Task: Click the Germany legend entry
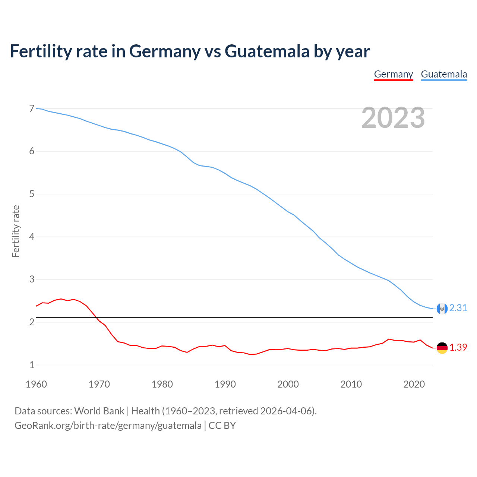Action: tap(394, 74)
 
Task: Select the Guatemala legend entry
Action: tap(444, 74)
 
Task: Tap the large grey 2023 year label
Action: tap(393, 118)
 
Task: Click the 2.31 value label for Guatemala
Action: tap(458, 308)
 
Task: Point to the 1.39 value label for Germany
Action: tap(458, 347)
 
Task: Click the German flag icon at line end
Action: tap(442, 348)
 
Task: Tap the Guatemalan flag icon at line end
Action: tap(442, 309)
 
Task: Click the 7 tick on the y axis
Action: tap(32, 108)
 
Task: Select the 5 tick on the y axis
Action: tap(32, 194)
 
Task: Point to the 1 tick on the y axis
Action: tap(32, 365)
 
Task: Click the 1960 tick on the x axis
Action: tap(36, 384)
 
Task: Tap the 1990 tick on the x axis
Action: tap(225, 384)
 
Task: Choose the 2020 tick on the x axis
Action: tap(414, 384)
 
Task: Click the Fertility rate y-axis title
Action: tap(16, 231)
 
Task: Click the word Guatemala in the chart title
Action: tap(267, 51)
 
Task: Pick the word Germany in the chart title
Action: tap(165, 51)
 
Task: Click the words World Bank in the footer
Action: tap(99, 411)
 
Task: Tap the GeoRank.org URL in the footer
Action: tap(108, 426)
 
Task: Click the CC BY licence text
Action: tap(222, 426)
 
